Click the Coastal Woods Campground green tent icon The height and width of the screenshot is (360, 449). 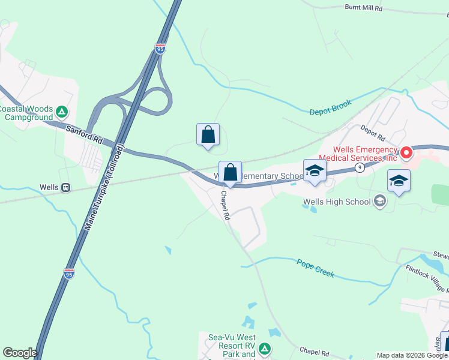(61, 112)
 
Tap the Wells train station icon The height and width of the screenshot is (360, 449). (65, 187)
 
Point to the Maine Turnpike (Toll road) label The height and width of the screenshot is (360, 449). (104, 188)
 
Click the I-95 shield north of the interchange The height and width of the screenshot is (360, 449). (160, 49)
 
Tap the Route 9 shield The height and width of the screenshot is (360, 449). (359, 168)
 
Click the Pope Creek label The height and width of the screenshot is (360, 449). (315, 268)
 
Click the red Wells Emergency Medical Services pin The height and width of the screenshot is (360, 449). (406, 153)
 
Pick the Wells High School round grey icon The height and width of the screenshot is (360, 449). (379, 201)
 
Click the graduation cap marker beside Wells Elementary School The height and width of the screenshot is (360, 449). (315, 171)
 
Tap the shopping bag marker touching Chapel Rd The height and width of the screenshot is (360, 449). (230, 173)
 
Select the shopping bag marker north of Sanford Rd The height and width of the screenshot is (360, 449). (208, 135)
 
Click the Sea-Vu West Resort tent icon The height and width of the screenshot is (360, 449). (264, 348)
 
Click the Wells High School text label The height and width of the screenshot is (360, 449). (337, 202)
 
